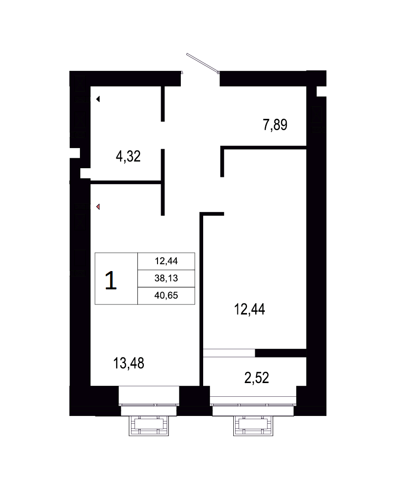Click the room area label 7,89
[275, 125]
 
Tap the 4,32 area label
[128, 156]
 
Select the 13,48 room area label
[129, 363]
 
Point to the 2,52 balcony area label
[257, 378]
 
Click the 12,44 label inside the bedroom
[249, 309]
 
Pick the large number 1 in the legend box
[110, 280]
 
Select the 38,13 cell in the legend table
[166, 278]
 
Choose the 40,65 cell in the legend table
[166, 296]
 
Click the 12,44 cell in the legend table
[166, 261]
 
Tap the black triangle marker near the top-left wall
[98, 99]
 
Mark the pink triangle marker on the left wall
[98, 207]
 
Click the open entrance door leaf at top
[203, 63]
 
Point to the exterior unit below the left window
[149, 426]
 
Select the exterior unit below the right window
[253, 426]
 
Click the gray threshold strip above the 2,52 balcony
[229, 353]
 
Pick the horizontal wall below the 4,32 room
[126, 182]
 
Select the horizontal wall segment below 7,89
[263, 147]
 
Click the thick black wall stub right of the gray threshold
[281, 353]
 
